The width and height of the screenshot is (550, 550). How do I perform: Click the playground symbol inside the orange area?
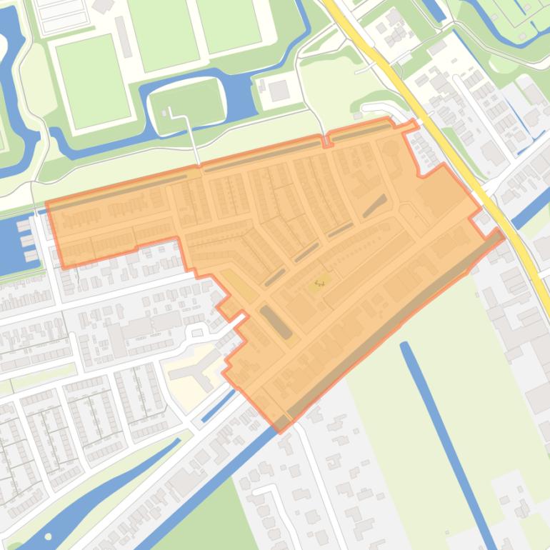tap(319, 284)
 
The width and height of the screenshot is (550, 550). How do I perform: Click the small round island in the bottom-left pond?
tap(49, 536)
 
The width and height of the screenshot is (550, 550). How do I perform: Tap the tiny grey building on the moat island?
tap(170, 112)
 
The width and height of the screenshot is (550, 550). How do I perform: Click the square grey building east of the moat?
tap(279, 91)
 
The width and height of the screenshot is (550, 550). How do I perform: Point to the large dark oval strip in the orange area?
tap(276, 321)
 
